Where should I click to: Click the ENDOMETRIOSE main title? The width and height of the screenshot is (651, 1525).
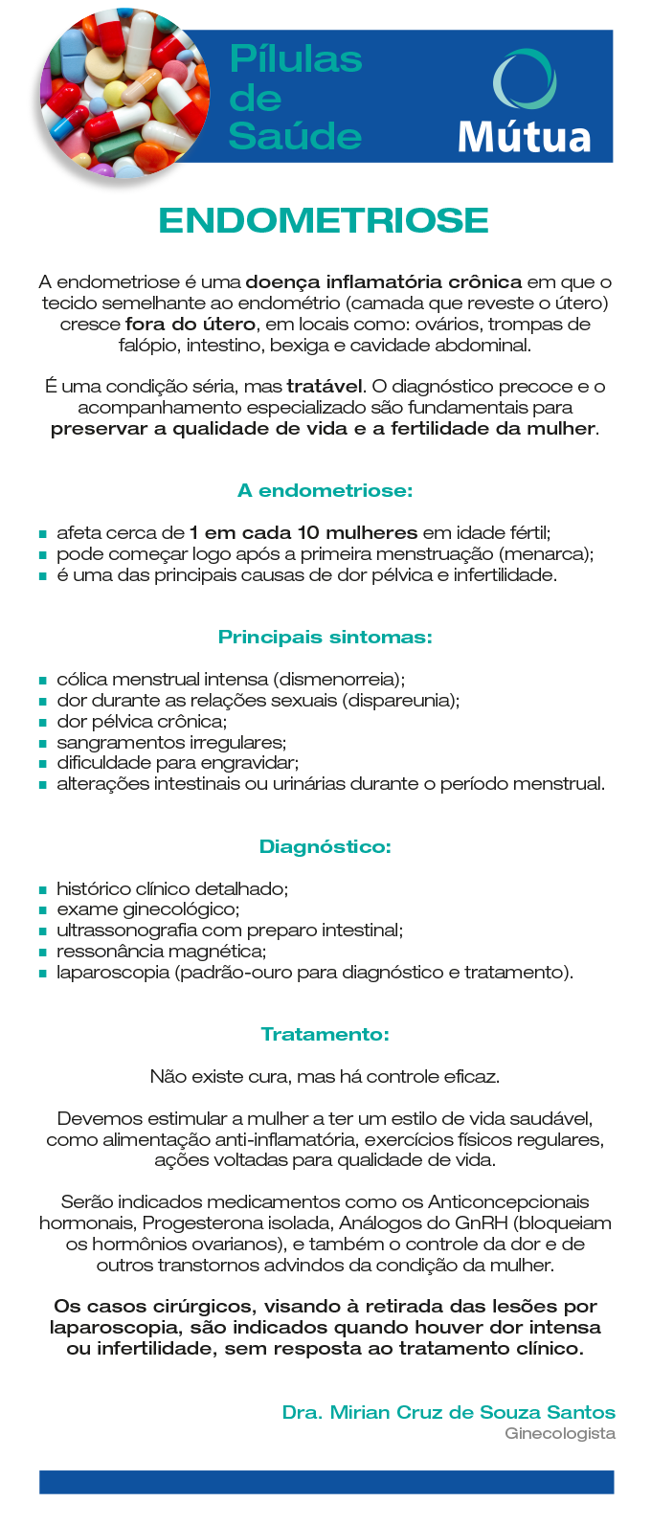click(x=324, y=220)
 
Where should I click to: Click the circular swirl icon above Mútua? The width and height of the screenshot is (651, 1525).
click(x=524, y=78)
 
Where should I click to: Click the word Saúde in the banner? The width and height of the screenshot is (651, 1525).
click(x=295, y=136)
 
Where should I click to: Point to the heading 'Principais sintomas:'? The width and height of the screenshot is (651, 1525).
click(x=325, y=637)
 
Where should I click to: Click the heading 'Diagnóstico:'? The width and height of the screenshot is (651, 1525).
click(x=325, y=846)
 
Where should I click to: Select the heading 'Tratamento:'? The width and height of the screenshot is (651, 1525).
click(x=325, y=1034)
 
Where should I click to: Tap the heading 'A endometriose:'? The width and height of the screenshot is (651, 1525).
click(x=325, y=490)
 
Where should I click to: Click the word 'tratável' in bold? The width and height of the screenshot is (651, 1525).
click(x=325, y=387)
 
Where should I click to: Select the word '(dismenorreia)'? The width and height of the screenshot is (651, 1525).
click(x=339, y=679)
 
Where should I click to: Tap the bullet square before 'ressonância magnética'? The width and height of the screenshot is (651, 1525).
click(x=43, y=953)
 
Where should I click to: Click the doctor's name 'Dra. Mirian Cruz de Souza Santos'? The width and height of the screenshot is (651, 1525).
click(x=448, y=1412)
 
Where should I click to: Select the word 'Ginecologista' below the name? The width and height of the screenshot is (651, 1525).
click(x=560, y=1433)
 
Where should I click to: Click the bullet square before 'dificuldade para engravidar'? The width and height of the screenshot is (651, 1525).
click(x=43, y=764)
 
